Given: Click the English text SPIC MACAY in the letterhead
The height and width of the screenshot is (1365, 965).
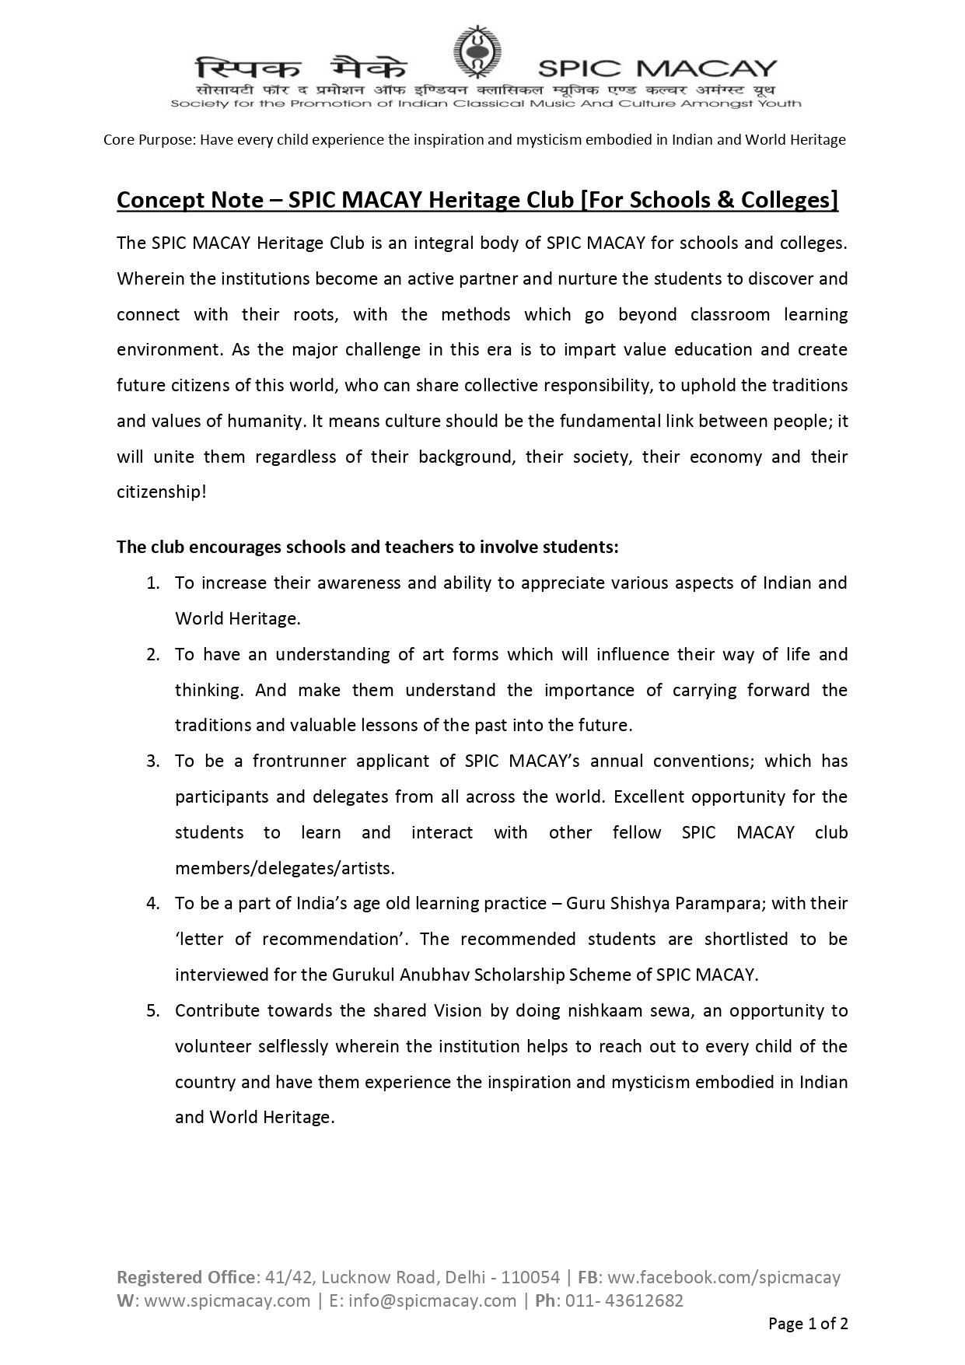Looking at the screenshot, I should click(x=657, y=68).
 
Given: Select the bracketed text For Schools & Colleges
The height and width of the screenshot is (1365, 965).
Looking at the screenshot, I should click(x=710, y=201).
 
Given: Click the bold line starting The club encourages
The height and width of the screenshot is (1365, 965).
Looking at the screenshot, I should click(x=367, y=547).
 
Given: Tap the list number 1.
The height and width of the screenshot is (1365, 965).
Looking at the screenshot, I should click(x=153, y=583).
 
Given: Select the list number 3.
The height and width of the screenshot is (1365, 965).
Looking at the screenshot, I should click(x=153, y=761).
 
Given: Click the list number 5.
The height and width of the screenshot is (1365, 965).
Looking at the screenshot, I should click(x=153, y=1011).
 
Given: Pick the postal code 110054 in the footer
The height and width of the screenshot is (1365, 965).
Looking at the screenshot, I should click(x=530, y=1277).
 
